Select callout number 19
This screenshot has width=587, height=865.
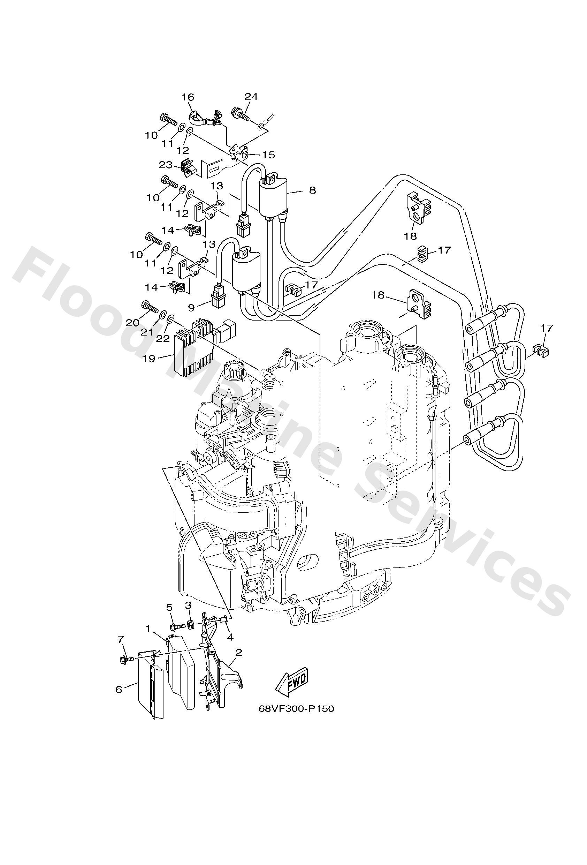(149, 359)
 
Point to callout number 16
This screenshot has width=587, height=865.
(188, 97)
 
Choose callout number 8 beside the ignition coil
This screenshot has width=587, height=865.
(312, 190)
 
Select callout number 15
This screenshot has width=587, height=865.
(268, 155)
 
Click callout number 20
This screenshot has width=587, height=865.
(132, 323)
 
